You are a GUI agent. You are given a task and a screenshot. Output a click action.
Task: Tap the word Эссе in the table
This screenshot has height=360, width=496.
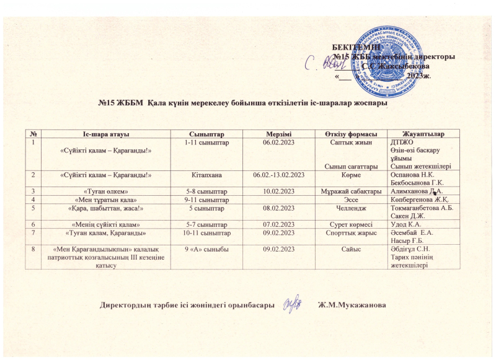(x=351, y=200)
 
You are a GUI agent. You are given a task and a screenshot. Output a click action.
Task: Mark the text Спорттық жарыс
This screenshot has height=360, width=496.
(x=351, y=233)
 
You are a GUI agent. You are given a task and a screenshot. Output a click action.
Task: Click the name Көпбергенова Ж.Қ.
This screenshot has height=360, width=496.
(x=418, y=200)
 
